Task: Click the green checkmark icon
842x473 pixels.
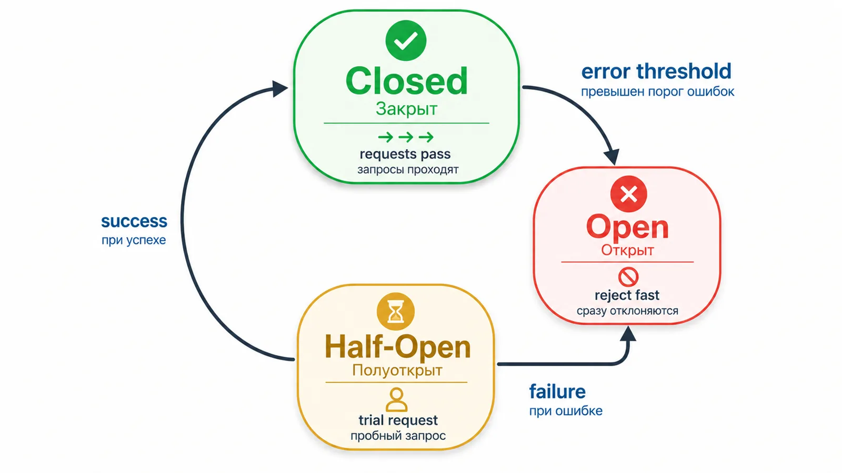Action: point(406,40)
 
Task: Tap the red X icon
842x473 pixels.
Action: point(628,194)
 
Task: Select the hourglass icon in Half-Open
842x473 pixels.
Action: point(395,312)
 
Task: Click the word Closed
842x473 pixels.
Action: point(407,81)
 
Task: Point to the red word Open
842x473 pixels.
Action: point(627,227)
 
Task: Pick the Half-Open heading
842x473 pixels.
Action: point(398,347)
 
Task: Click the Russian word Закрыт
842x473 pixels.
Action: point(406,109)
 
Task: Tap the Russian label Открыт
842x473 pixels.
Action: point(627,250)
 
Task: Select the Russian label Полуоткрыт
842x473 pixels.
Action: point(397,371)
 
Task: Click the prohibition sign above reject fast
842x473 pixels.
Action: point(628,276)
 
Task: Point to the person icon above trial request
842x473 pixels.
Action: point(396,400)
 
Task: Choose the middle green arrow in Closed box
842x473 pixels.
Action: point(406,137)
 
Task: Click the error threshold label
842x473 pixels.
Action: point(656,71)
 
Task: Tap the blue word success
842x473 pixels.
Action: point(134,221)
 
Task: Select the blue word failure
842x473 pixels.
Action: point(557,392)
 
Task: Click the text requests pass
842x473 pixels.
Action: point(405,155)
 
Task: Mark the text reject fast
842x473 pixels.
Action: point(627,295)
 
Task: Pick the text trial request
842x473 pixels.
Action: point(398,420)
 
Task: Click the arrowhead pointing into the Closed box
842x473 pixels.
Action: point(279,89)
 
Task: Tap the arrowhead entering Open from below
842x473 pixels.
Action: point(628,334)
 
